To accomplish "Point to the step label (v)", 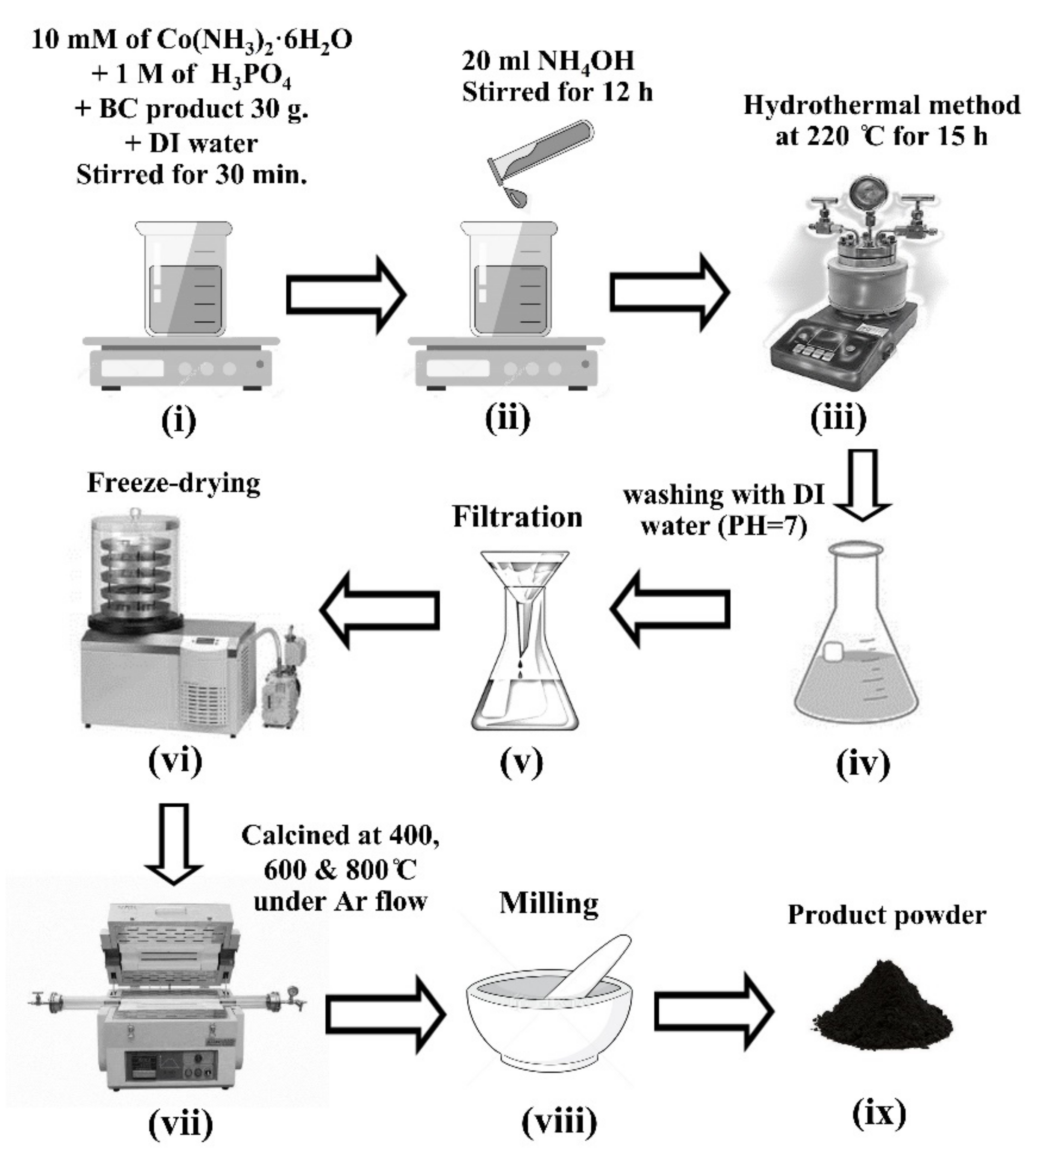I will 521,762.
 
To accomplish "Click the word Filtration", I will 517,517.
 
